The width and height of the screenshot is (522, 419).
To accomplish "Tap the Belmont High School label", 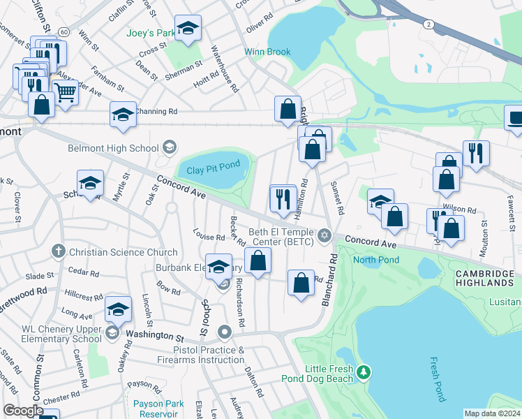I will [x=113, y=148].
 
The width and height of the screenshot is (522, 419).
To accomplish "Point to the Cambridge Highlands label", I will [x=483, y=277].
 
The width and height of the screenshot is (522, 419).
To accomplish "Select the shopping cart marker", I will [x=65, y=91].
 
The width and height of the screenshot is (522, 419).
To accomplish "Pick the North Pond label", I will [x=375, y=260].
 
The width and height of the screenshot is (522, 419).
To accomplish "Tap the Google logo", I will [x=23, y=411].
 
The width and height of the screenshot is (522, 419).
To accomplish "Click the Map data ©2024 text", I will [x=491, y=413].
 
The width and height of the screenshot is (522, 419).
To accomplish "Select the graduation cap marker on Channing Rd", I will [x=123, y=115].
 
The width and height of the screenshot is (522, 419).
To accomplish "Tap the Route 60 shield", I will [x=64, y=32].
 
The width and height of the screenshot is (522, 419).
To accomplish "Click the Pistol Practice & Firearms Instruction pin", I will [x=225, y=332].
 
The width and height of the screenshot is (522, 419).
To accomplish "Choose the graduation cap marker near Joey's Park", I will [x=187, y=28].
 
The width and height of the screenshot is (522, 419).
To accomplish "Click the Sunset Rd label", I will [x=338, y=198].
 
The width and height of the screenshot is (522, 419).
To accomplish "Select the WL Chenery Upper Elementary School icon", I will [x=112, y=332].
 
